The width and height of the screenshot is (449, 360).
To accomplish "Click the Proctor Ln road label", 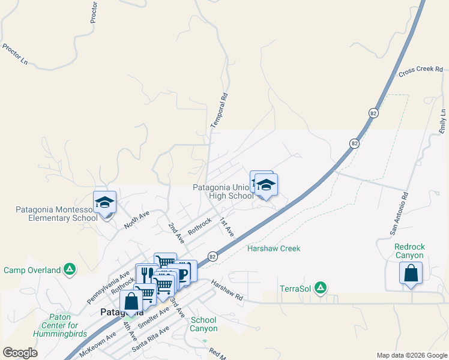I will coord(16,54).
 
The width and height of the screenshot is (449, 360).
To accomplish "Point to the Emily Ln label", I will coord(443,121).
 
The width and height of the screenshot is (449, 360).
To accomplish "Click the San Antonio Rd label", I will coord(399,214).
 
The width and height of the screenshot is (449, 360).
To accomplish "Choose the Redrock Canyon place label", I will coord(409,251).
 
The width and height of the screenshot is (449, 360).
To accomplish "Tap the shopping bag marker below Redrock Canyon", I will coord(411,274).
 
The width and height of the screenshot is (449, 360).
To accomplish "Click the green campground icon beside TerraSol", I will coord(321,288).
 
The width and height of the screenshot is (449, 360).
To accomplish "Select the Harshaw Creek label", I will coord(274,248).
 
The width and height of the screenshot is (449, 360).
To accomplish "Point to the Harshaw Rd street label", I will coord(226,289).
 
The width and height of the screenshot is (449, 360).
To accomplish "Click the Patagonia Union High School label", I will coord(223,191).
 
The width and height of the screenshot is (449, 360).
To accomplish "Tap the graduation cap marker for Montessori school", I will coord(104,202).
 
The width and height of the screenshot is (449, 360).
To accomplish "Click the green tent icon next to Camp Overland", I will coord(70,270).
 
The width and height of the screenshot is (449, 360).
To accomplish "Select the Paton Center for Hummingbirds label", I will coord(52,325).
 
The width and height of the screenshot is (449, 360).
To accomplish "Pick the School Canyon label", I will coord(203,324).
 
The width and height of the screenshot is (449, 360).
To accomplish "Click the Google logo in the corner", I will coord(20,353).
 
